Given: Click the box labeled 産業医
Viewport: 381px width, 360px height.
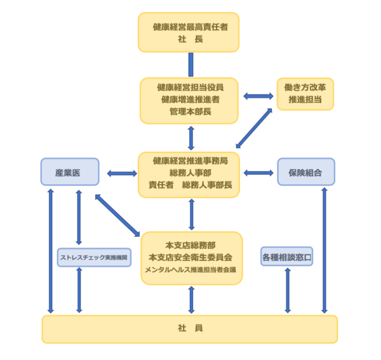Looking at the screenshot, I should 70,172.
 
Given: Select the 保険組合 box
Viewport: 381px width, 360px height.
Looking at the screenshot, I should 305,172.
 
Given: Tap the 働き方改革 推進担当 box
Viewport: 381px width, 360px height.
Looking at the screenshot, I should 305,94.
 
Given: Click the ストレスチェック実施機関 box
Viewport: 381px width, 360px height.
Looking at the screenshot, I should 94,258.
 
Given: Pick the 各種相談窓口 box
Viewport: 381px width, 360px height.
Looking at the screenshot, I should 287,257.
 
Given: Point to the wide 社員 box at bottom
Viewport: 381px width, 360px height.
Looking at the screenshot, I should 189,328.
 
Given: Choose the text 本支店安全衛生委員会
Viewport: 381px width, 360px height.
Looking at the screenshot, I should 190,257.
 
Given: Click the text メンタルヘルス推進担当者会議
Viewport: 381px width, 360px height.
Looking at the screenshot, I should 190,270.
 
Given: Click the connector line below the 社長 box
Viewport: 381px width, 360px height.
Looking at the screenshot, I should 190,64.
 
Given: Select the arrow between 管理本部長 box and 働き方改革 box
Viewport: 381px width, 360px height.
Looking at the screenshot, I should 258,97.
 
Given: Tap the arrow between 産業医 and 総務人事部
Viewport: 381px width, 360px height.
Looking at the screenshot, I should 122,173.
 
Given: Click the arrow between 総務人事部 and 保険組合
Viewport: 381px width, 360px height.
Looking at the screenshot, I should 258,172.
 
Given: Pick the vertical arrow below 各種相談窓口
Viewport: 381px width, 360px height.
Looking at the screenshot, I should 288,290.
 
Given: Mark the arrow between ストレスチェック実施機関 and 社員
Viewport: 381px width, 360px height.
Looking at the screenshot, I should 79,290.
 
